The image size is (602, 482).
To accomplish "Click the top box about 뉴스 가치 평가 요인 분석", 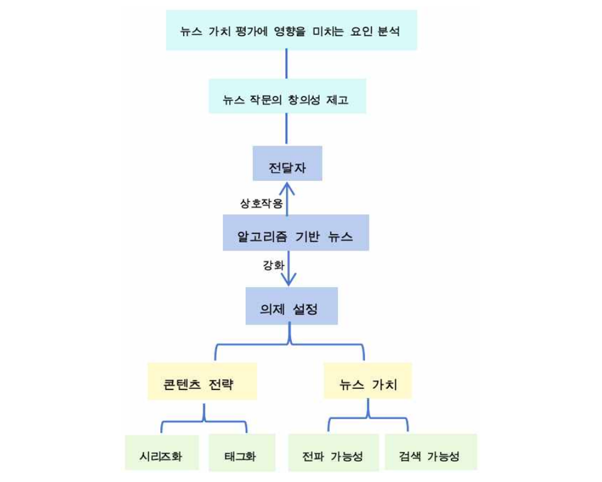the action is point(291,30).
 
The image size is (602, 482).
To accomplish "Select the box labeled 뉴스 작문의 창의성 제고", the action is point(287,96).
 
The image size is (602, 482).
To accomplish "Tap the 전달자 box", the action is point(287,163).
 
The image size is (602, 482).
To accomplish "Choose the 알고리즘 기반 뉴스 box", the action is point(296,233).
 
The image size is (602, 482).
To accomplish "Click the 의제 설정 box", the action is point(291,306).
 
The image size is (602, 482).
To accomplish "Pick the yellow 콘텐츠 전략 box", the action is point(202,381).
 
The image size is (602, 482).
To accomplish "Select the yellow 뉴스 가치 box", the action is point(368,381).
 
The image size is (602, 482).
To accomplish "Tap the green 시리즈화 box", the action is point(162,452).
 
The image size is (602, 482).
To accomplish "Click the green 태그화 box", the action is point(242,452).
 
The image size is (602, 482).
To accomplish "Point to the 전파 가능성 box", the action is point(334,452).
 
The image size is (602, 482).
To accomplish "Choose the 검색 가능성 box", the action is point(431,452).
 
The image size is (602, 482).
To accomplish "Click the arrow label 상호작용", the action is point(261,203).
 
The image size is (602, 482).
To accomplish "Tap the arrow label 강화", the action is point(273,265).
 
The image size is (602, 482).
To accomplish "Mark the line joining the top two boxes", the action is point(286,63).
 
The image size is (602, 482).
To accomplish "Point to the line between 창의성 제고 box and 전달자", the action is point(286,129).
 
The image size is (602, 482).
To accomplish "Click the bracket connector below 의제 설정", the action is point(289,344).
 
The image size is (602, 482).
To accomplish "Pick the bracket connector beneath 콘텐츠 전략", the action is point(204,421).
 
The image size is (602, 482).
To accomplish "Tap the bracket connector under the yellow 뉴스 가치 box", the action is point(368,418).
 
